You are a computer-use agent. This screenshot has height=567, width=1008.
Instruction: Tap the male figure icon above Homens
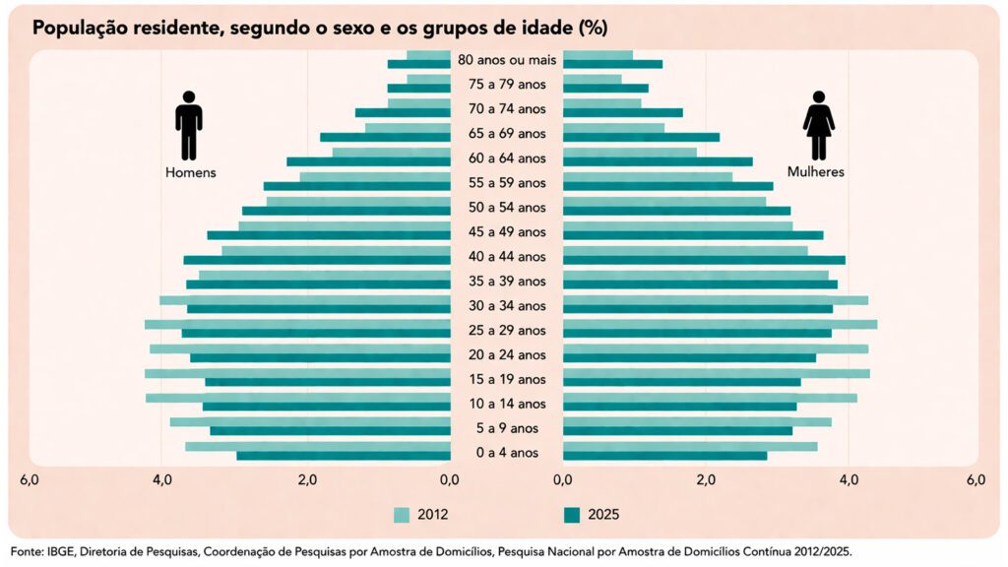(x=188, y=126)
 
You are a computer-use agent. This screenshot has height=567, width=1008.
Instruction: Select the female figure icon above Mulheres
(x=818, y=126)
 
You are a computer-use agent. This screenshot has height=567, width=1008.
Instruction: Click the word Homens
(x=190, y=172)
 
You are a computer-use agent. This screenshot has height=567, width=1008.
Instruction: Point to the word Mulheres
(x=815, y=172)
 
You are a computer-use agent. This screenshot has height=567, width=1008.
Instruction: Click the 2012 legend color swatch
(x=402, y=514)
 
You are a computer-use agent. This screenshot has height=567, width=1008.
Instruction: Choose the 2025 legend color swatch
(x=572, y=514)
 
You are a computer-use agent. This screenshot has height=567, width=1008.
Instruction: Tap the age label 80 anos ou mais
(x=507, y=60)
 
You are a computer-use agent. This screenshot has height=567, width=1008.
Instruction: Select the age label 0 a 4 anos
(x=507, y=453)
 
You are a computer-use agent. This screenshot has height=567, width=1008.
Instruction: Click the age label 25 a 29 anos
(x=507, y=330)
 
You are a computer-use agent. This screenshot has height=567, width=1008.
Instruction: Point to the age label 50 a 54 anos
(x=507, y=207)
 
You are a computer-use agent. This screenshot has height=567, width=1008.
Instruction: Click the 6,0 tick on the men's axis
(x=30, y=480)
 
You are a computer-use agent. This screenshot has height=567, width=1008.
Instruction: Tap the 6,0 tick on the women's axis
(x=976, y=480)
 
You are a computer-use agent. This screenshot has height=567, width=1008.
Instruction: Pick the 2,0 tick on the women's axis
(x=705, y=480)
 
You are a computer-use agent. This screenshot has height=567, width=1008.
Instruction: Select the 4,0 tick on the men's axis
(x=162, y=480)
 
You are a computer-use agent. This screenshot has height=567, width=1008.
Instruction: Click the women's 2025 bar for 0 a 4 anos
(x=664, y=456)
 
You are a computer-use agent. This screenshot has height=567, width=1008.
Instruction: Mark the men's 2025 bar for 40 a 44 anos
(x=317, y=260)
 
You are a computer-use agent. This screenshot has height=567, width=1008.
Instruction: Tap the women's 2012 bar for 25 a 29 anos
(x=720, y=324)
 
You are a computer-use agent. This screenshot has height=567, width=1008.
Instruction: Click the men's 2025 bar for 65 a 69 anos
(x=385, y=137)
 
